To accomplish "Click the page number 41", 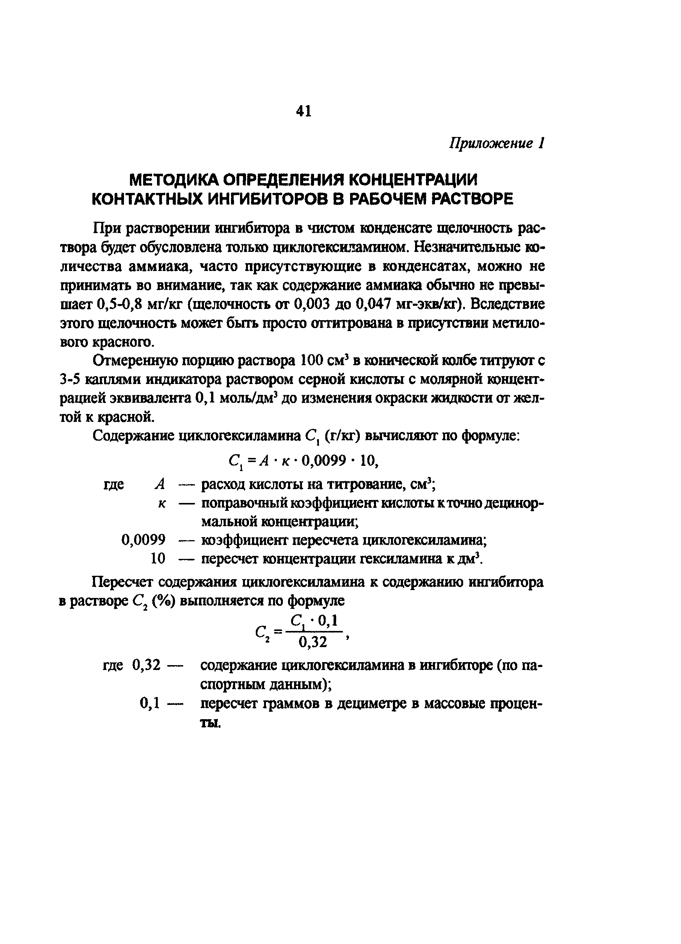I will [303, 111].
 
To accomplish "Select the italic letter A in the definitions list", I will [160, 484].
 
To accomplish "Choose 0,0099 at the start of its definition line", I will [143, 540].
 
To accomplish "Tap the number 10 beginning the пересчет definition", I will [158, 559].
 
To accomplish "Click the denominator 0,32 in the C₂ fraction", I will [313, 643].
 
